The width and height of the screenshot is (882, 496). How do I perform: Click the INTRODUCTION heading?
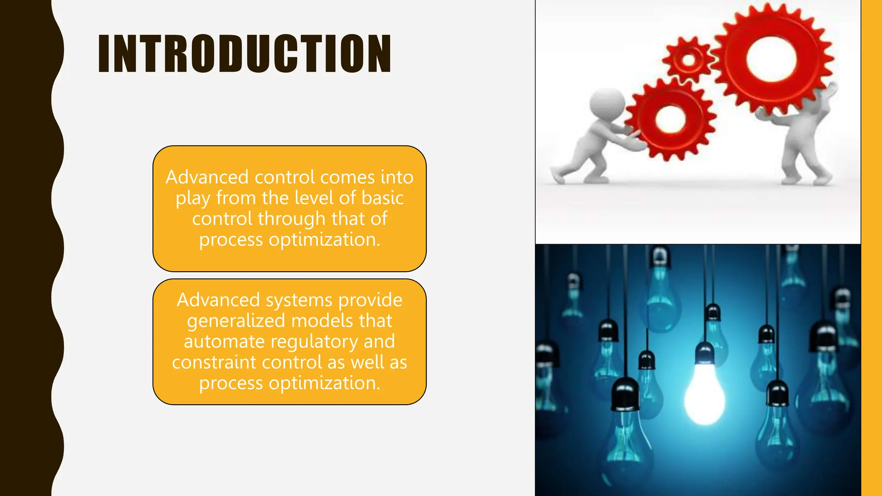[x=245, y=54]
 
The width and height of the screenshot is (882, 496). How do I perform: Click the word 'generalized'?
[x=236, y=321]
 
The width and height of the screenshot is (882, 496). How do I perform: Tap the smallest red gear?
[x=688, y=59]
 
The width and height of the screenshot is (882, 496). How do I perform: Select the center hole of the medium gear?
[x=670, y=118]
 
